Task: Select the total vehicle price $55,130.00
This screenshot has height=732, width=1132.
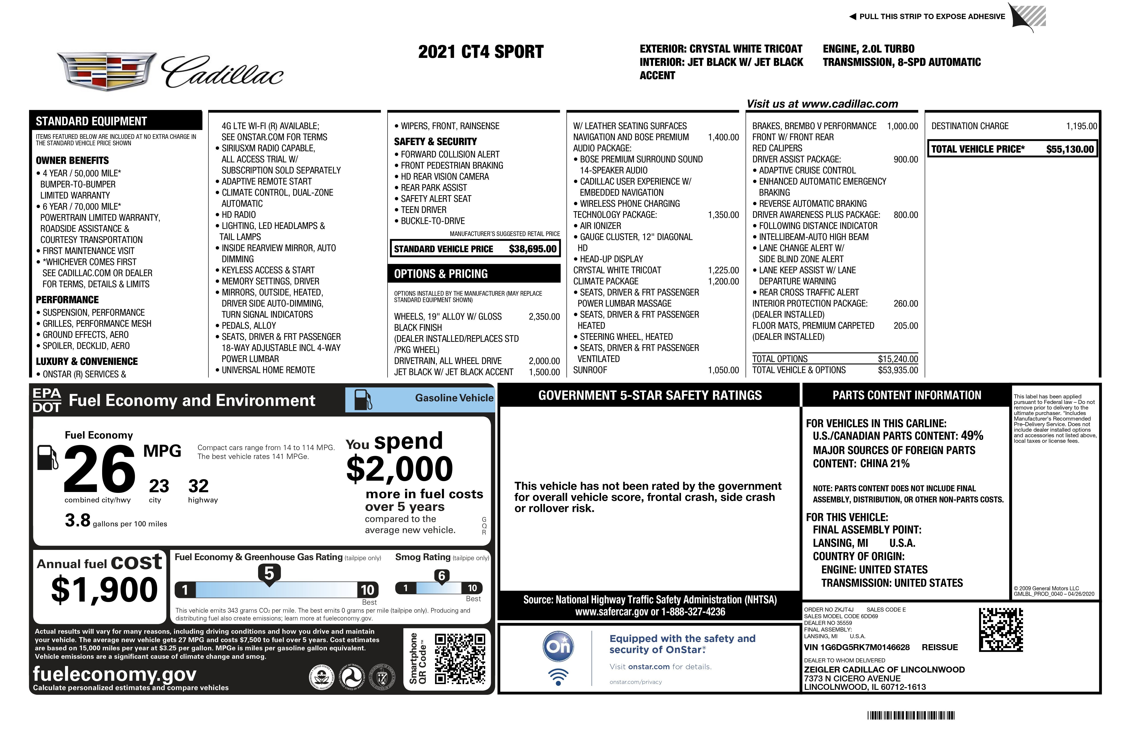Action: tap(1070, 149)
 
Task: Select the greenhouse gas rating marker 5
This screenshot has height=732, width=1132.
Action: tap(269, 573)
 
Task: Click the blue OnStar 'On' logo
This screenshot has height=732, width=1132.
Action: tap(558, 646)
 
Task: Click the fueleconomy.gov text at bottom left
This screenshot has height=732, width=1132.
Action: tap(115, 674)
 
